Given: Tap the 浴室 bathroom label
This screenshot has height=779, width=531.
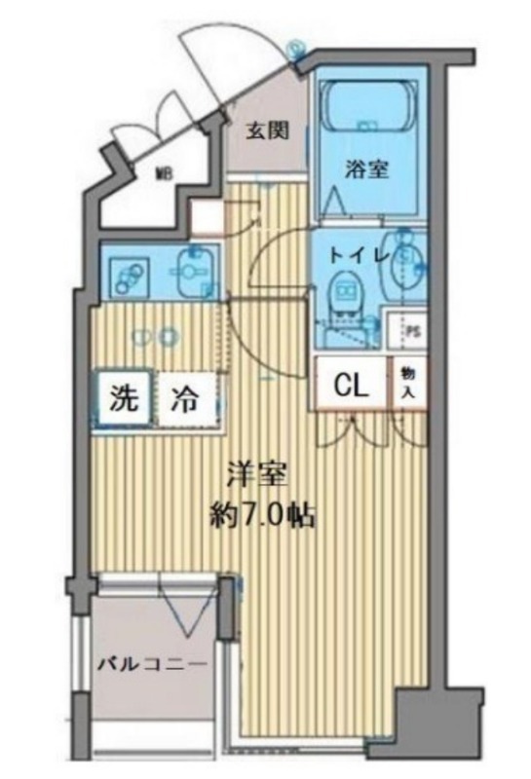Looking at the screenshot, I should [x=366, y=168].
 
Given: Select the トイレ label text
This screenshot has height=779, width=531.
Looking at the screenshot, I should [x=358, y=256].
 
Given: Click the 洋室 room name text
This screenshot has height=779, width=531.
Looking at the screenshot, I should [x=256, y=476].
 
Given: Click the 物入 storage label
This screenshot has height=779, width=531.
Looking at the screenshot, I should [x=406, y=384].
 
